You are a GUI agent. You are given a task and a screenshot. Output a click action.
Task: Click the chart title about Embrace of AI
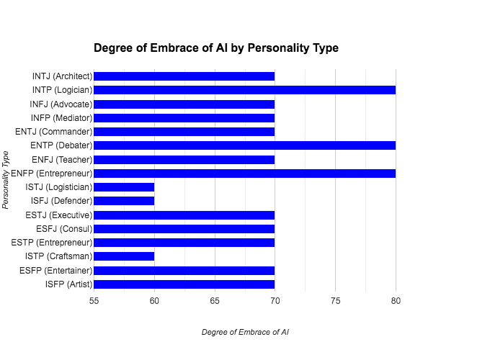216,48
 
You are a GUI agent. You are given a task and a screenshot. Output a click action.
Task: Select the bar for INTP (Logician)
244,90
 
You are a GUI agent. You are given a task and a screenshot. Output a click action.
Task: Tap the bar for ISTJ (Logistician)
124,187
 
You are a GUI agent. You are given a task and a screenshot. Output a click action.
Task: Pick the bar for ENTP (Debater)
244,145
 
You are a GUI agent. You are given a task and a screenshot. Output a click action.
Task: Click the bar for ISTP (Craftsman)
124,256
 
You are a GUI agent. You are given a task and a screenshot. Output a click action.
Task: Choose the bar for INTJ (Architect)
184,76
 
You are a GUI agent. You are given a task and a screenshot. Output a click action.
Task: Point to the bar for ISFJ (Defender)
124,201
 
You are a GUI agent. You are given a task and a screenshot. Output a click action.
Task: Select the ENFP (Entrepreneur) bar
244,174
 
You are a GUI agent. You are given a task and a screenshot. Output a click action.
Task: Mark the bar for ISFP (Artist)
184,284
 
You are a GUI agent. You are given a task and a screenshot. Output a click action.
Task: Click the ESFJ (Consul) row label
63,229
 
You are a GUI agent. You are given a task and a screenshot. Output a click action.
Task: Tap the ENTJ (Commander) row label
53,132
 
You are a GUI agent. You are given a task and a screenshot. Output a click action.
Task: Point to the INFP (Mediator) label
61,118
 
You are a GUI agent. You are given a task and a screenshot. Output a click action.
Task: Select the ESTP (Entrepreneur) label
51,243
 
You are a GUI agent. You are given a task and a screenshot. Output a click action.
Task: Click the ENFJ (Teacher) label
62,160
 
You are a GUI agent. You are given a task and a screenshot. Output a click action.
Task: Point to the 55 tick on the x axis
94,300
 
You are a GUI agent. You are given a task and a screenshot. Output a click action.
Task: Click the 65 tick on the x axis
215,300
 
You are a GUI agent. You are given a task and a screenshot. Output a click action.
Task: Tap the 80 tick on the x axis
396,300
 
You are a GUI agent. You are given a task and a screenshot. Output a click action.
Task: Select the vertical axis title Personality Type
6,180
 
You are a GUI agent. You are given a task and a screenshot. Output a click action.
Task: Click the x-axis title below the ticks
245,333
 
